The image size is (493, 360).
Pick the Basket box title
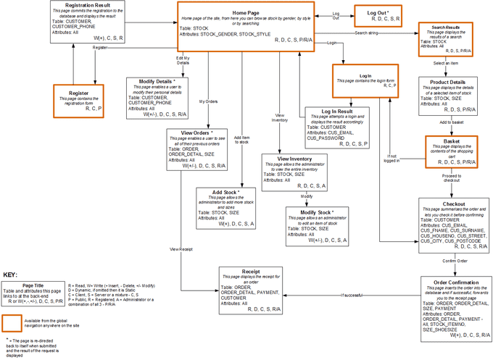point(446,141)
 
